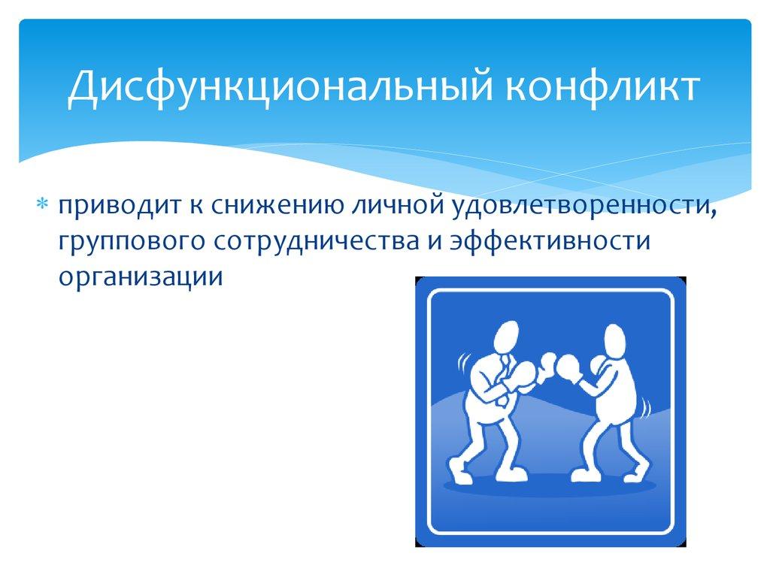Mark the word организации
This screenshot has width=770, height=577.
tap(141, 276)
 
